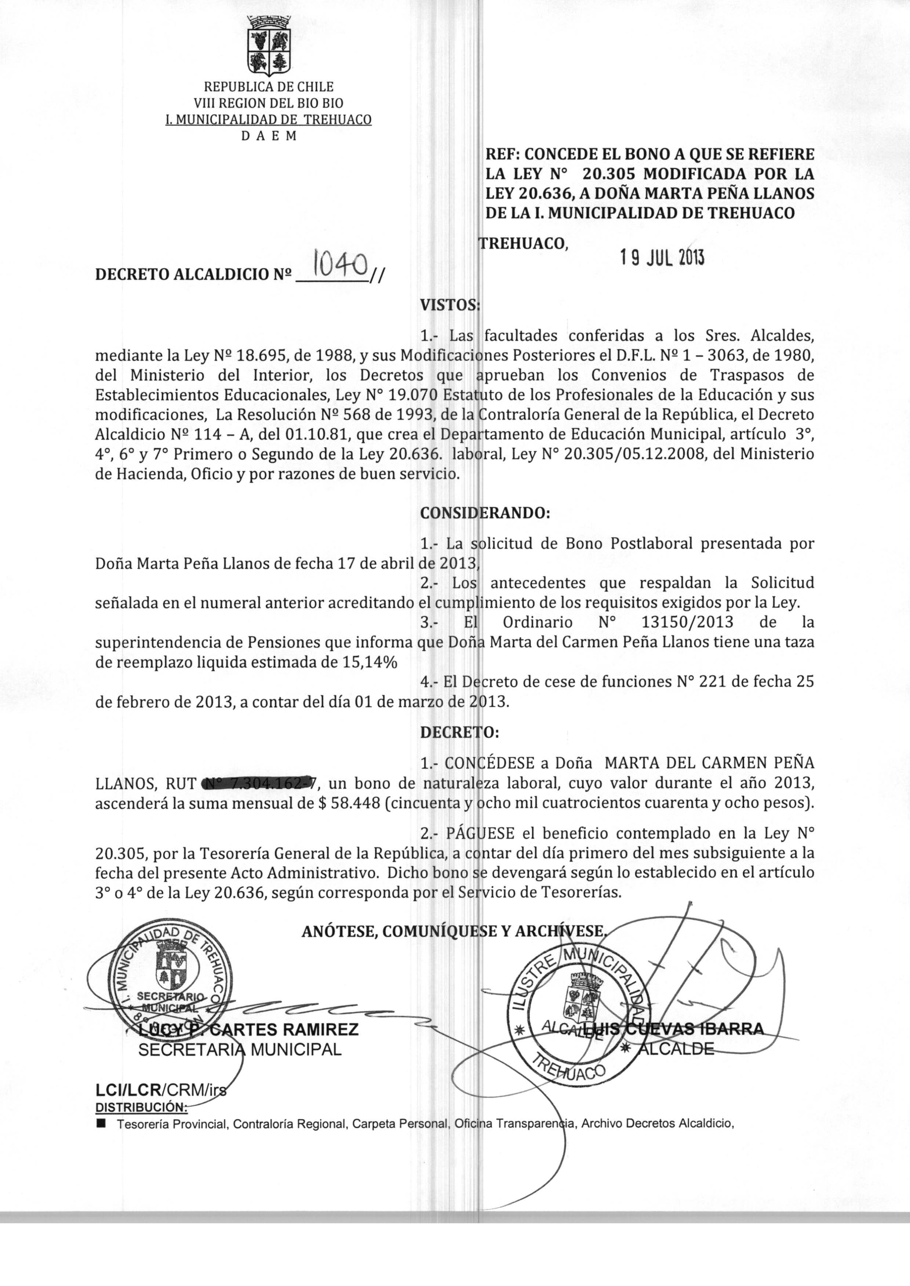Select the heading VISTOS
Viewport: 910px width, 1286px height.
(450, 305)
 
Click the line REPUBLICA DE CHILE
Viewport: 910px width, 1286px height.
(268, 87)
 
